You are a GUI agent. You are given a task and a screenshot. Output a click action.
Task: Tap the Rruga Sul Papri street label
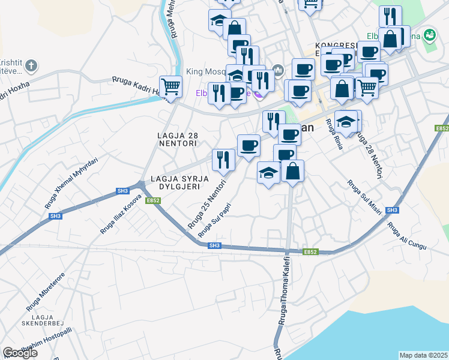point(215,218)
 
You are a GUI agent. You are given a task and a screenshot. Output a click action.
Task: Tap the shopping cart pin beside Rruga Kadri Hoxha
point(171,87)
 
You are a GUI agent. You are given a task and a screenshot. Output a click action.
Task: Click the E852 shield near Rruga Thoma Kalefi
point(310,252)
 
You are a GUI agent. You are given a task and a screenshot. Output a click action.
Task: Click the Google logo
point(20,353)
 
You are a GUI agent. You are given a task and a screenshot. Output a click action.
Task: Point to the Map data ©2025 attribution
point(423,355)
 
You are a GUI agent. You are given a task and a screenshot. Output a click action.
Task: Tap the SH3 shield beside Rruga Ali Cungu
point(393,210)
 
